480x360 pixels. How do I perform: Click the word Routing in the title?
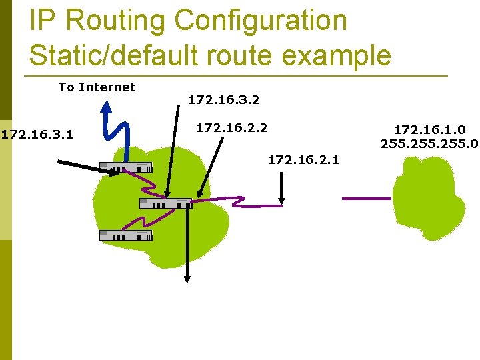[x=115, y=21]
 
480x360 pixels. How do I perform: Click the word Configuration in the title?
[x=261, y=21]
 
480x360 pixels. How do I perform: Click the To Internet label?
[x=97, y=87]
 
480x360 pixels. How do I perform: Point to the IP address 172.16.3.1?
[x=37, y=135]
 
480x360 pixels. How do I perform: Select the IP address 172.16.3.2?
[x=223, y=101]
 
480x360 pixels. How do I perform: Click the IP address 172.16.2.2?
[x=231, y=126]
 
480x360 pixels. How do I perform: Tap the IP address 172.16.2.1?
[x=303, y=159]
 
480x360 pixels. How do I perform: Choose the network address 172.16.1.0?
[x=430, y=129]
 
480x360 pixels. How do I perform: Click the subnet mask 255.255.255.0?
[x=430, y=143]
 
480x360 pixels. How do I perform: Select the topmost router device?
[x=126, y=168]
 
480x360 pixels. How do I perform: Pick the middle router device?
[x=165, y=203]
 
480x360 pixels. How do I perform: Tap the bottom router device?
[x=126, y=235]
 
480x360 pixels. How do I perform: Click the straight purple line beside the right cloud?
[x=367, y=198]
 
